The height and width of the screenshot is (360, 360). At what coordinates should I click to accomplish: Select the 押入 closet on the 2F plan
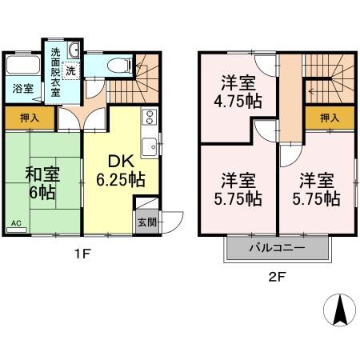pos(329,118)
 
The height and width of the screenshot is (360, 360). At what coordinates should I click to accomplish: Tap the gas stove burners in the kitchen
pos(148,118)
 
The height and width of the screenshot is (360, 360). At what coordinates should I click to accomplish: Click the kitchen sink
pos(149,147)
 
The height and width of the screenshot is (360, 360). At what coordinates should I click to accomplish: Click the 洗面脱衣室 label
pos(55,73)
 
